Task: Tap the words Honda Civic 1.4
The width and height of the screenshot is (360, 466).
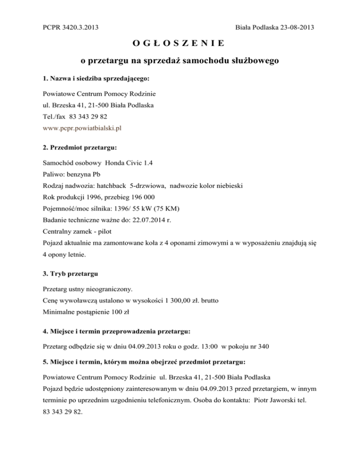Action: pos(129,163)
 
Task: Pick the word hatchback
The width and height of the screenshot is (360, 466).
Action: pos(112,185)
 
